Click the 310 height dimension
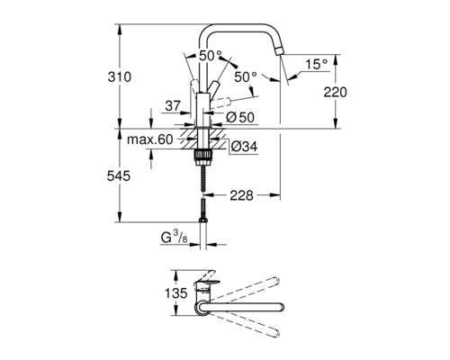click(120, 77)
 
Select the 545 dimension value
click(119, 176)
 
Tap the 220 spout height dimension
click(335, 92)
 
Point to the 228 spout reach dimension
click(241, 195)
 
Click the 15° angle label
click(317, 64)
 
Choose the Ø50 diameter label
click(240, 117)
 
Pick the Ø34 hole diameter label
click(244, 147)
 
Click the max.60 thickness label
click(150, 139)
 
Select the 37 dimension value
click(173, 106)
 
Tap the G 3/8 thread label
click(174, 238)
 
